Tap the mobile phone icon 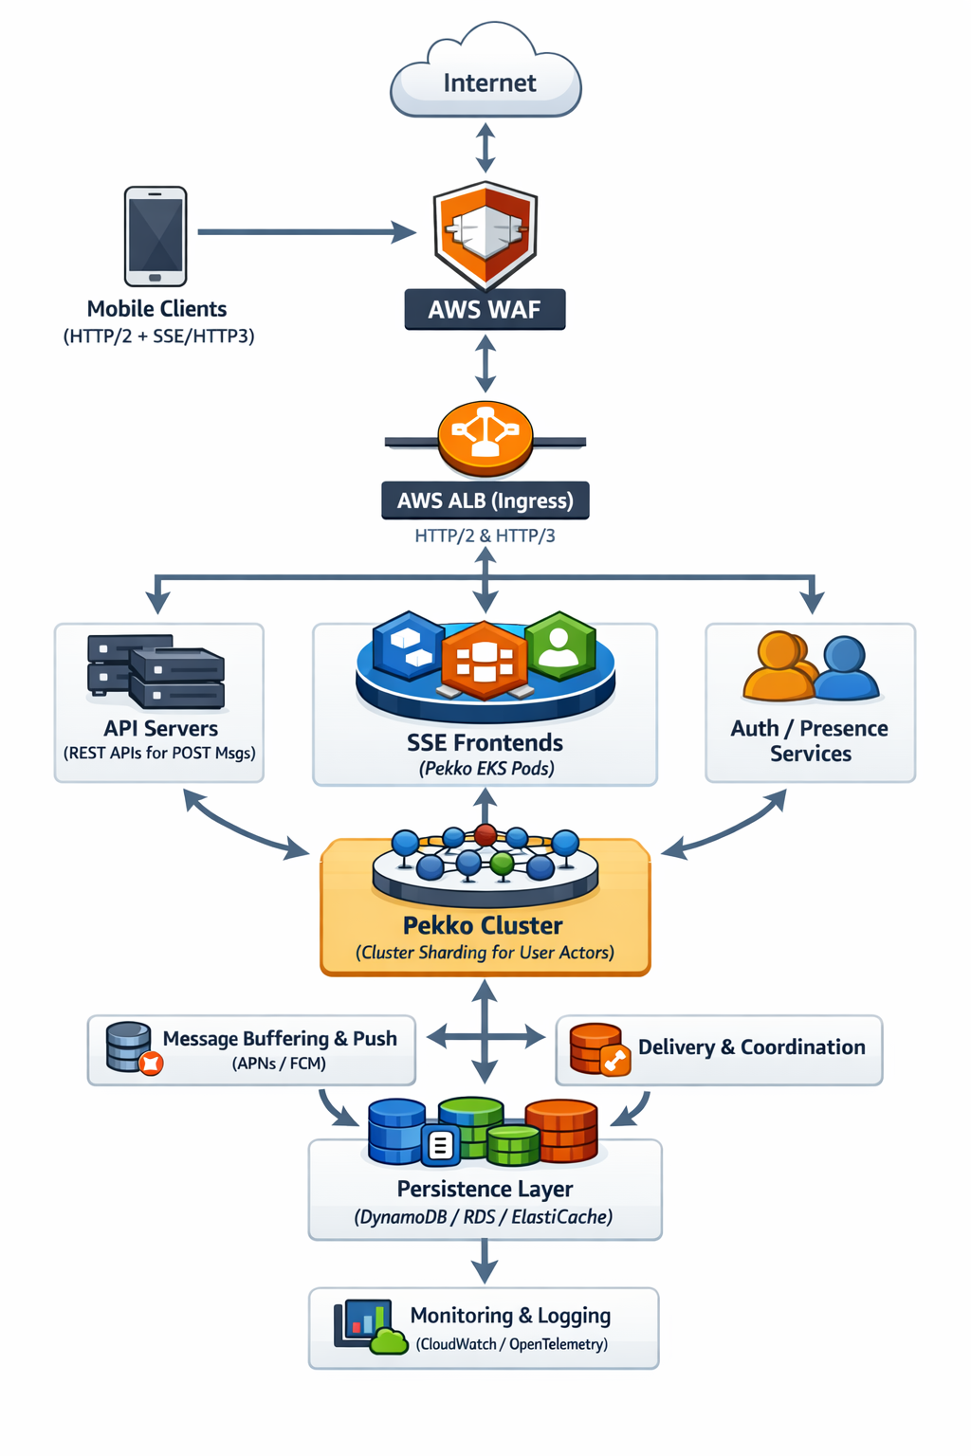pyautogui.click(x=156, y=236)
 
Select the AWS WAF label pyautogui.click(x=485, y=310)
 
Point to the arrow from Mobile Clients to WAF pyautogui.click(x=303, y=231)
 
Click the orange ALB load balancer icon pyautogui.click(x=485, y=438)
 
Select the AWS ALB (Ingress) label pyautogui.click(x=485, y=500)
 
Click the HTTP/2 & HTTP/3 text pyautogui.click(x=485, y=536)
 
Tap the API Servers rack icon pyautogui.click(x=156, y=671)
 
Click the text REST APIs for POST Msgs pyautogui.click(x=159, y=754)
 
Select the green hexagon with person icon pyautogui.click(x=559, y=647)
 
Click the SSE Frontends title pyautogui.click(x=485, y=742)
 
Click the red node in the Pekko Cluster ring pyautogui.click(x=485, y=835)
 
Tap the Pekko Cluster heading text pyautogui.click(x=483, y=925)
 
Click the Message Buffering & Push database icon pyautogui.click(x=131, y=1047)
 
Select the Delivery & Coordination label pyautogui.click(x=751, y=1047)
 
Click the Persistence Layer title pyautogui.click(x=485, y=1189)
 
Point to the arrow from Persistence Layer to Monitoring pyautogui.click(x=485, y=1262)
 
